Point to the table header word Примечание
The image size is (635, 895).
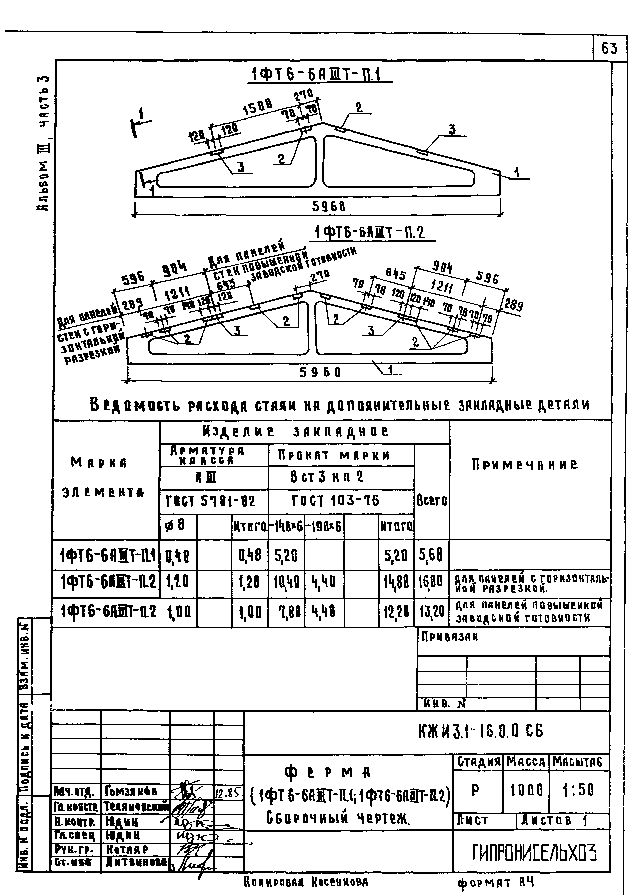[524, 465]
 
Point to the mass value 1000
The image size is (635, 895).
[526, 791]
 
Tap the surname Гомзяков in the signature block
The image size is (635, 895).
[131, 791]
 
